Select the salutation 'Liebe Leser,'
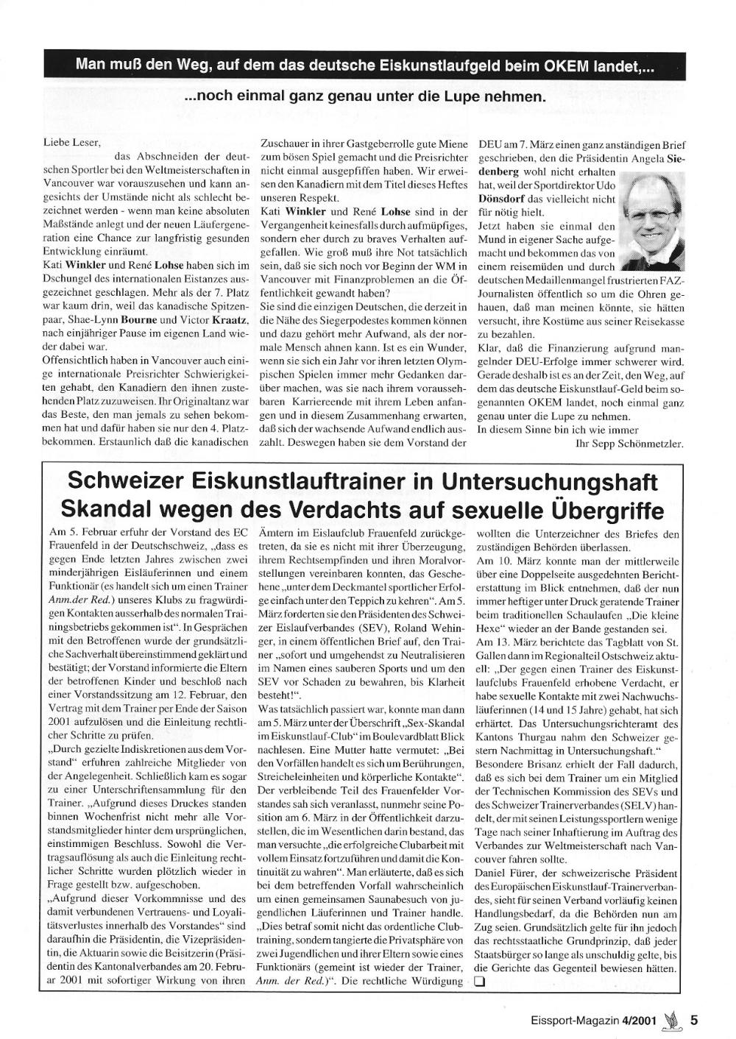pos(71,143)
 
